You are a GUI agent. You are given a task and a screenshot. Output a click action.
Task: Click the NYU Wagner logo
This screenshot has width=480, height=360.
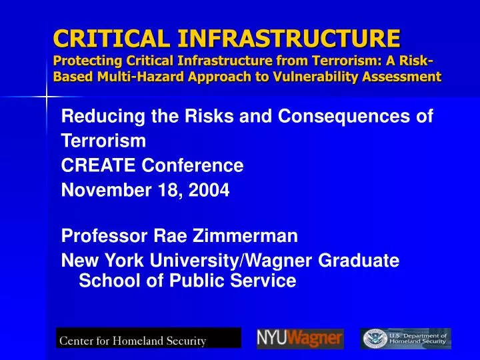[x=300, y=339]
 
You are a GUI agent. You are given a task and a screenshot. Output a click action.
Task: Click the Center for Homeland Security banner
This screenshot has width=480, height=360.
[x=148, y=339]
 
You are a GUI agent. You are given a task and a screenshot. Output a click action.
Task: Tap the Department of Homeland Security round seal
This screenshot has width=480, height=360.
[x=373, y=339]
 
